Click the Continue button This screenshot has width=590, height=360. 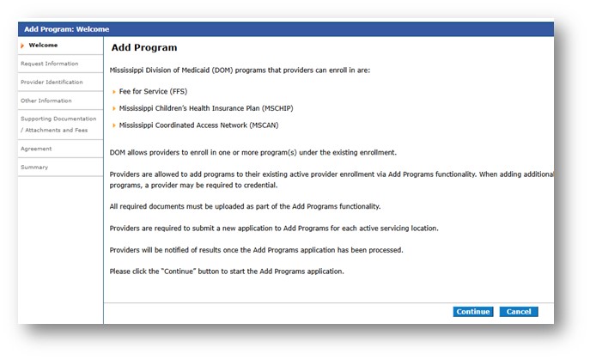(473, 312)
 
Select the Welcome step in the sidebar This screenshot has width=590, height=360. (43, 46)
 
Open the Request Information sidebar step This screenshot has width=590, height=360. (50, 64)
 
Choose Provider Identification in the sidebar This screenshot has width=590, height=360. (52, 82)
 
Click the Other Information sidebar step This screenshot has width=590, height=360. (46, 101)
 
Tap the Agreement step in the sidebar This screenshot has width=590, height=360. (36, 149)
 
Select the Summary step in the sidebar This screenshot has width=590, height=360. (34, 168)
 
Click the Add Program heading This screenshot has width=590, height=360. (144, 47)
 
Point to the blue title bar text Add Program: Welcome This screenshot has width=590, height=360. (67, 29)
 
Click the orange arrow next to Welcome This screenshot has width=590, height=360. (22, 46)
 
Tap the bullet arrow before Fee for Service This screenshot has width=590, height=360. (114, 92)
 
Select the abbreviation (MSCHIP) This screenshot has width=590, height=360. (277, 108)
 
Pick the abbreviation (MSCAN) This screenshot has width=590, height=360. (264, 125)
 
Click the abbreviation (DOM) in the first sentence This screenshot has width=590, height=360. (222, 70)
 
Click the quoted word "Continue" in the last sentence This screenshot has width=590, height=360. (179, 272)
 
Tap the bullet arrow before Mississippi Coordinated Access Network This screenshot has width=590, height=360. (114, 125)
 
